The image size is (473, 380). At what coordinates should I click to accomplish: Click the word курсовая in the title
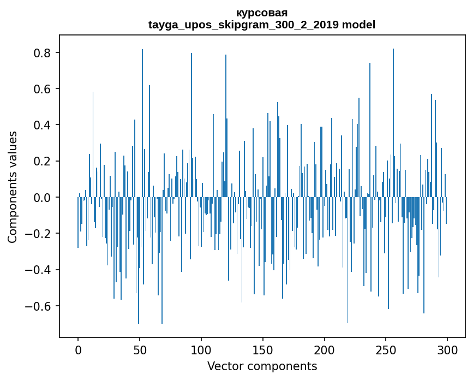click(x=262, y=13)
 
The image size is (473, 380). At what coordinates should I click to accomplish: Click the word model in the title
click(x=358, y=25)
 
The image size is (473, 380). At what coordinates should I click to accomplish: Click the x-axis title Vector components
click(x=262, y=366)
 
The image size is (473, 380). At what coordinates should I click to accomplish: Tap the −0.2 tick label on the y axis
click(x=39, y=233)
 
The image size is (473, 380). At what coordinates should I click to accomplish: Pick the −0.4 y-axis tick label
click(x=39, y=270)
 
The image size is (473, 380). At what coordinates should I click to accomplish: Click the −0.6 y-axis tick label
click(x=39, y=306)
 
